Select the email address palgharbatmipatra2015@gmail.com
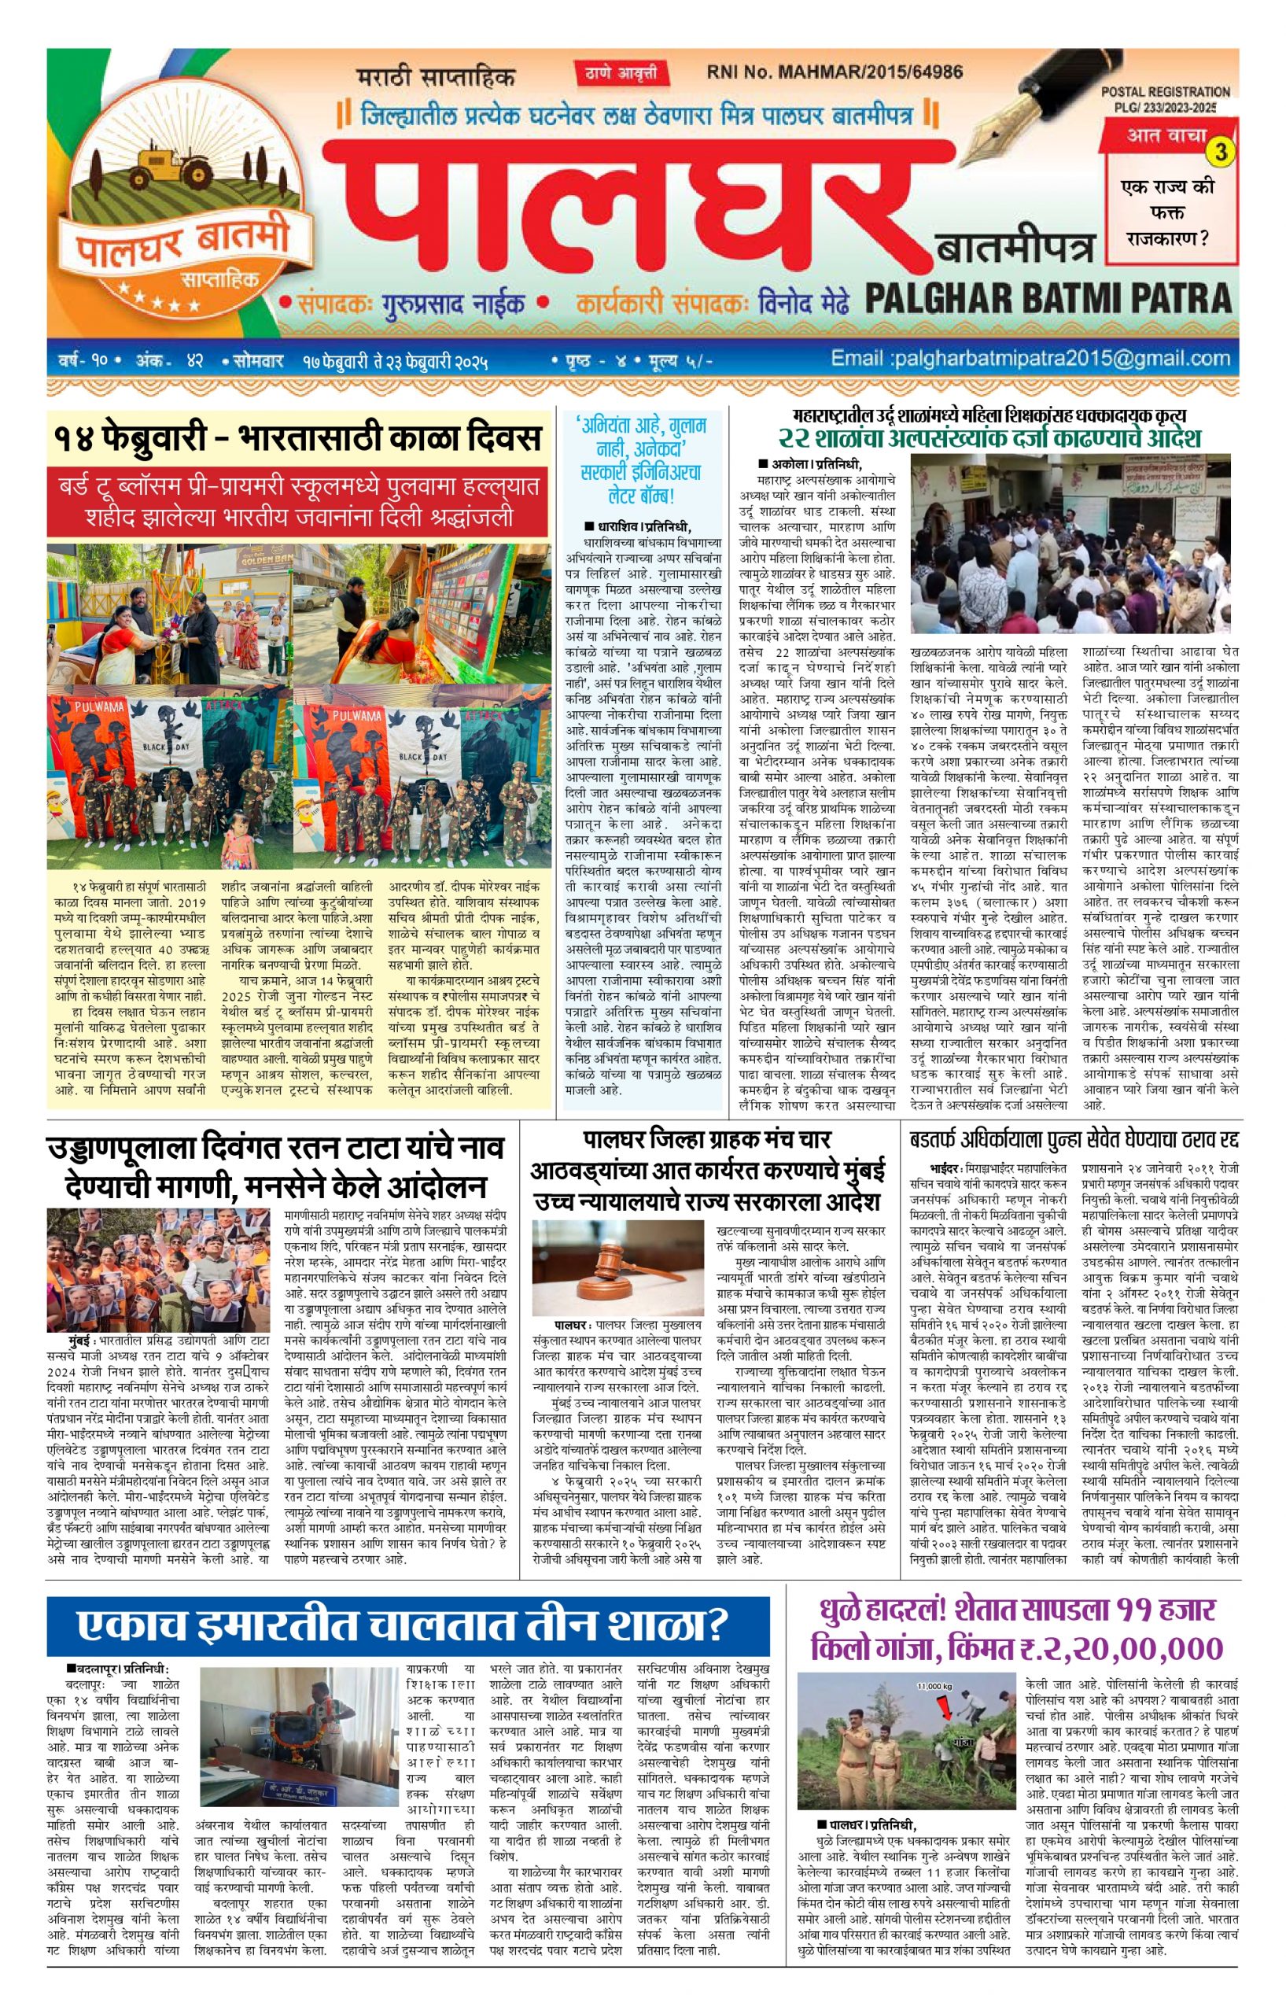coord(1030,359)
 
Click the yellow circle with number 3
coord(1222,151)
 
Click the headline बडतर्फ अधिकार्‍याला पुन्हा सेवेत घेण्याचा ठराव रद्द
coord(1074,1140)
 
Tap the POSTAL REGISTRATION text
coord(1166,92)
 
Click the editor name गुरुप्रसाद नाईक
coord(454,302)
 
